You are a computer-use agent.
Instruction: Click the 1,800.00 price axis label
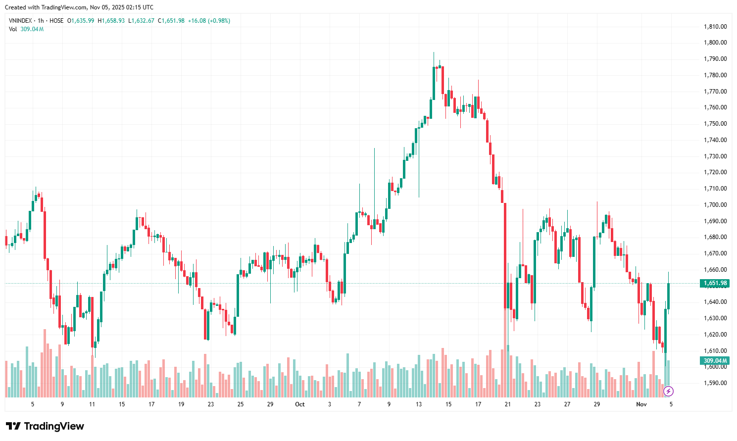click(x=715, y=43)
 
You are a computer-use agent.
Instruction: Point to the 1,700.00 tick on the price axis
click(x=715, y=204)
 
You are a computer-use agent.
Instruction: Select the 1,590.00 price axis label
click(x=715, y=383)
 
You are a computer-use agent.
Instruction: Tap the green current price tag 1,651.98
click(x=715, y=284)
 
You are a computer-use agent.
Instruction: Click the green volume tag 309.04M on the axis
click(x=715, y=361)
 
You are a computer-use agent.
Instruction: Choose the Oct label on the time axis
click(x=300, y=404)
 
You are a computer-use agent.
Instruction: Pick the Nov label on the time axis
click(x=641, y=404)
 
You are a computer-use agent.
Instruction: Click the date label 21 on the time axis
click(x=508, y=404)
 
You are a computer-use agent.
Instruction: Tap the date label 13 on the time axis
click(x=419, y=404)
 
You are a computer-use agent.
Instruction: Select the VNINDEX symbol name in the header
click(x=20, y=21)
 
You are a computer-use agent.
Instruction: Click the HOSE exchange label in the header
click(x=56, y=21)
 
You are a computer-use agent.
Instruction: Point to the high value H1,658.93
click(x=111, y=21)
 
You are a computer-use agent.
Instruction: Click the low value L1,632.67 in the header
click(x=142, y=21)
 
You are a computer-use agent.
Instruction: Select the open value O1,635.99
click(x=81, y=21)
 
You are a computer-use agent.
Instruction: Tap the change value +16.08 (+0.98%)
click(x=209, y=21)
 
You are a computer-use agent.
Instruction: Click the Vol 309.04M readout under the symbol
click(x=26, y=29)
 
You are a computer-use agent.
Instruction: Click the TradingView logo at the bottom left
click(x=45, y=426)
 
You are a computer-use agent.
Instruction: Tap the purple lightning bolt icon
click(x=668, y=392)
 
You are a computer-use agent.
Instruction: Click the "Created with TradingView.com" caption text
click(x=79, y=7)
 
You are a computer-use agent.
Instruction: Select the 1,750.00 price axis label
click(x=715, y=124)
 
